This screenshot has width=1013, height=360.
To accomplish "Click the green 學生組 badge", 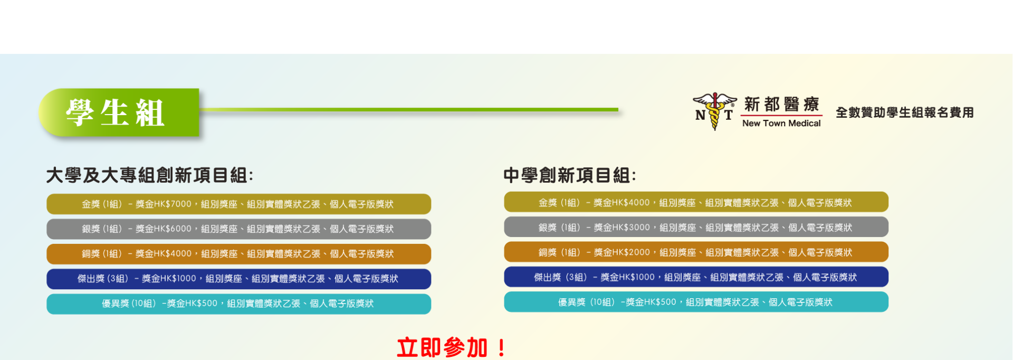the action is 119,112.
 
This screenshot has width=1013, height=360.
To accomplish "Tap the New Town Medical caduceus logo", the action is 714,111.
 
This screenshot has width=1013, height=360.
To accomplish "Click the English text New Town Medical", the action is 781,123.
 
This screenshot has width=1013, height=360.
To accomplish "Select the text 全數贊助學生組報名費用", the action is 904,112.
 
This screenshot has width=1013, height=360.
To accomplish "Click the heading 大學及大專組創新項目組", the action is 150,175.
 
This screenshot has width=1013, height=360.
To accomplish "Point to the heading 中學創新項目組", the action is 570,175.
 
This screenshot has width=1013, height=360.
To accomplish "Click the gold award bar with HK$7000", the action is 238,204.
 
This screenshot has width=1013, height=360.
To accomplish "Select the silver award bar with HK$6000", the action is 238,229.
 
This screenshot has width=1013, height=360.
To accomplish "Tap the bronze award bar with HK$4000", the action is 238,254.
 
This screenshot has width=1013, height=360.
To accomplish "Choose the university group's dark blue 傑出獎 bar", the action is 238,279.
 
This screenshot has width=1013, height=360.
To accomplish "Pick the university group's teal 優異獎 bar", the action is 238,304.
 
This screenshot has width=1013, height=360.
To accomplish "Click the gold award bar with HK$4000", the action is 696,202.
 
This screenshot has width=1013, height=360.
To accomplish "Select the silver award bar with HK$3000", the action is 696,227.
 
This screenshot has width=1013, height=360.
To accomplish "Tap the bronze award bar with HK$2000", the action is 696,252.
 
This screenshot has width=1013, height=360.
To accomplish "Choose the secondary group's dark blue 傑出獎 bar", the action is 696,277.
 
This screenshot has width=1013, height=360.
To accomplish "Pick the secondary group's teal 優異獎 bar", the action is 696,302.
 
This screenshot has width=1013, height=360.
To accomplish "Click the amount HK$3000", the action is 631,228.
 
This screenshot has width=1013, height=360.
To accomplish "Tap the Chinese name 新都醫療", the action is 781,105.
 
